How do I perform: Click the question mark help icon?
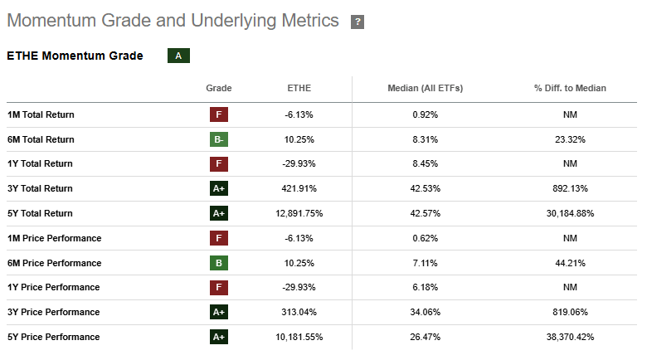click(x=358, y=22)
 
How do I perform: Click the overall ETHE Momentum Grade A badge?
click(x=178, y=56)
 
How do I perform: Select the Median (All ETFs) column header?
click(x=425, y=88)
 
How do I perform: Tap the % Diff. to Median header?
click(x=570, y=88)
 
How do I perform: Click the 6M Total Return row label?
click(x=41, y=139)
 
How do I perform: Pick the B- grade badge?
click(x=219, y=139)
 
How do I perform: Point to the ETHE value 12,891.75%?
click(x=299, y=213)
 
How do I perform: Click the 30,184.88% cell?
click(x=570, y=213)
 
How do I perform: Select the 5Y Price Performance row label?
click(x=54, y=337)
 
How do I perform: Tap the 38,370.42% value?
click(x=570, y=337)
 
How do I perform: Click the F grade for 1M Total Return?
click(x=219, y=114)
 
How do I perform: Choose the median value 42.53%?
click(x=425, y=188)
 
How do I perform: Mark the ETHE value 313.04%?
click(x=299, y=312)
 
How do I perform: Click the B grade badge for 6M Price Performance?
click(x=219, y=263)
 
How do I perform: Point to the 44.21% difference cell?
click(x=570, y=263)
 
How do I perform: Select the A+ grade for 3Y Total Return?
click(x=219, y=188)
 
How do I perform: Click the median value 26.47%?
click(x=425, y=337)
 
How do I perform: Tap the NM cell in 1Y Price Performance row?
click(x=570, y=287)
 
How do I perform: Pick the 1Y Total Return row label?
click(x=40, y=164)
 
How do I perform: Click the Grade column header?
click(x=219, y=88)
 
